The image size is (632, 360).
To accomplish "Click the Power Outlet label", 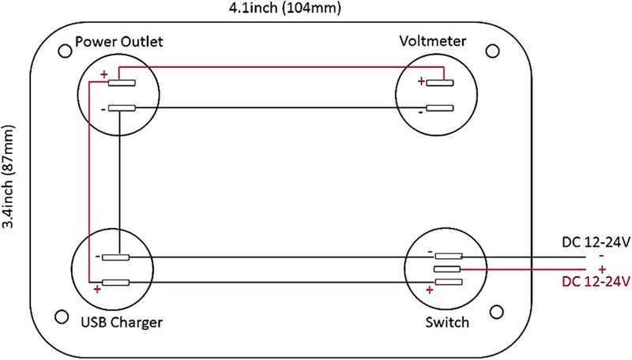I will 118,40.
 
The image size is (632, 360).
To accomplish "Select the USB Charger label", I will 121,322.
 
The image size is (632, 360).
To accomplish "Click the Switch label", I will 446,322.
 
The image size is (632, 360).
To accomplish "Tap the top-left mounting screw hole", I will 65,54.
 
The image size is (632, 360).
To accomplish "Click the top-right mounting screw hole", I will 493,52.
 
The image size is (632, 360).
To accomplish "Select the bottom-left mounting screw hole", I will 62,317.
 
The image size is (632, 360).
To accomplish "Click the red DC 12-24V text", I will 594,281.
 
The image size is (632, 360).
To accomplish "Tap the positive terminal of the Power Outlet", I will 122,82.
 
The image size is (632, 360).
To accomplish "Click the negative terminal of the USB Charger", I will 116,257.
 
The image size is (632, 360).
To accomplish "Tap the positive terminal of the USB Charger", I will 116,282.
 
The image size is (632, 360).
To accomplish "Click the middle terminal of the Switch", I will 447,270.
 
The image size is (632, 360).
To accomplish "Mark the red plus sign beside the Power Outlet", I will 103,77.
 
